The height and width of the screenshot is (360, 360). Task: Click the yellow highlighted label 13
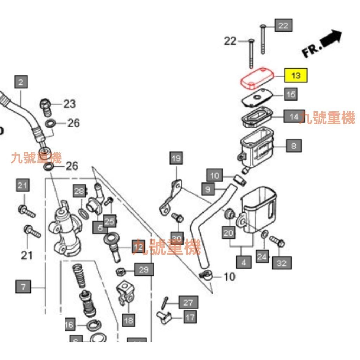click(x=296, y=76)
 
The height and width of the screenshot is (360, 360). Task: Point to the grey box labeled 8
click(x=294, y=145)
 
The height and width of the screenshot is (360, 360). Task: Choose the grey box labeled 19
click(x=176, y=159)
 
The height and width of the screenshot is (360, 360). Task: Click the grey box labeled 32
click(x=282, y=263)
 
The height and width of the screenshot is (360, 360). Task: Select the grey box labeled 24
click(x=262, y=257)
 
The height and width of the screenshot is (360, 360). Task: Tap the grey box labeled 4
click(x=244, y=262)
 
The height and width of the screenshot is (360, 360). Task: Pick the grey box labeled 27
click(x=188, y=302)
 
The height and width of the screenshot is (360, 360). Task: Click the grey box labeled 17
click(x=189, y=317)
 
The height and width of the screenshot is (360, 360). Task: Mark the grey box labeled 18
click(x=129, y=320)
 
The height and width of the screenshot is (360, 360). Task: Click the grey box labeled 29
click(x=144, y=270)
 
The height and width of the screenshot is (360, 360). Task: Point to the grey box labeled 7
click(x=23, y=287)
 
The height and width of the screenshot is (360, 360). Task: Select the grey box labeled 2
click(x=21, y=82)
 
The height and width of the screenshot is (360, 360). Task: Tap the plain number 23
click(x=69, y=104)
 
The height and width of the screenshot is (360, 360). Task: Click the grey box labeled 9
click(x=208, y=189)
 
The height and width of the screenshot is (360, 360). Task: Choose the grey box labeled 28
click(x=79, y=191)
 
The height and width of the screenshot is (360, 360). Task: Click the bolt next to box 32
click(x=277, y=241)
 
